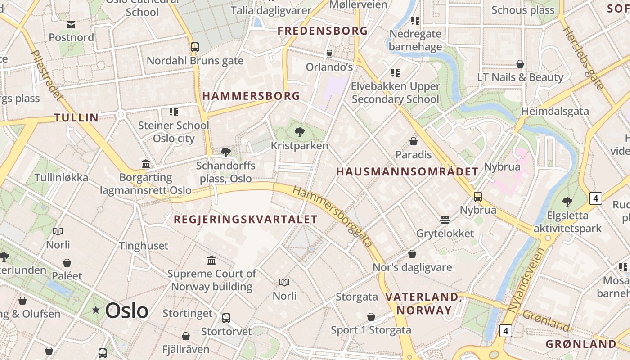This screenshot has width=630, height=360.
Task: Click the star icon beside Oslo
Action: click(95, 310)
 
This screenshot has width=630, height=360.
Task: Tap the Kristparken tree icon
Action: click(299, 132)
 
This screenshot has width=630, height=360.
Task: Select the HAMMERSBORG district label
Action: click(251, 96)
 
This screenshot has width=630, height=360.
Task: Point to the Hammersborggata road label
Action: click(333, 216)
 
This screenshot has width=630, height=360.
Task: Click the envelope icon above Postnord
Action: click(71, 24)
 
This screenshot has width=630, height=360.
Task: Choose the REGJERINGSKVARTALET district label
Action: click(246, 220)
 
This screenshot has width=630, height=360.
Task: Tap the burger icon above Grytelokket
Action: click(445, 220)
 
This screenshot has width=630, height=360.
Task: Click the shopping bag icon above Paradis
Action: click(414, 142)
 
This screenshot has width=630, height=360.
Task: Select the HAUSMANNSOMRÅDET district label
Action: click(407, 172)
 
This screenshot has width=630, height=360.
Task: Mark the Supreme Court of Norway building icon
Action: click(211, 260)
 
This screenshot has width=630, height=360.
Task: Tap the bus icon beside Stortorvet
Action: click(226, 318)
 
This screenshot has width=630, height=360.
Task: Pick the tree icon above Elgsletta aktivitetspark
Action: click(567, 202)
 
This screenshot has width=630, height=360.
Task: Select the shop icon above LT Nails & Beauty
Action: click(520, 64)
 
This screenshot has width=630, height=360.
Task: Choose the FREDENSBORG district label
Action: click(323, 31)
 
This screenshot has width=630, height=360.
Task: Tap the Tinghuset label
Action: click(144, 246)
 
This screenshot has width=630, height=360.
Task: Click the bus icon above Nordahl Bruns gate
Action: click(195, 47)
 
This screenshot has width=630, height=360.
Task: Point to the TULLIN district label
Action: click(76, 118)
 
